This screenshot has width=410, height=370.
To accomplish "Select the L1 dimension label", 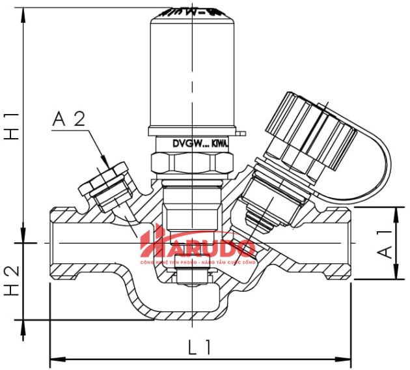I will [x=200, y=347].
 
